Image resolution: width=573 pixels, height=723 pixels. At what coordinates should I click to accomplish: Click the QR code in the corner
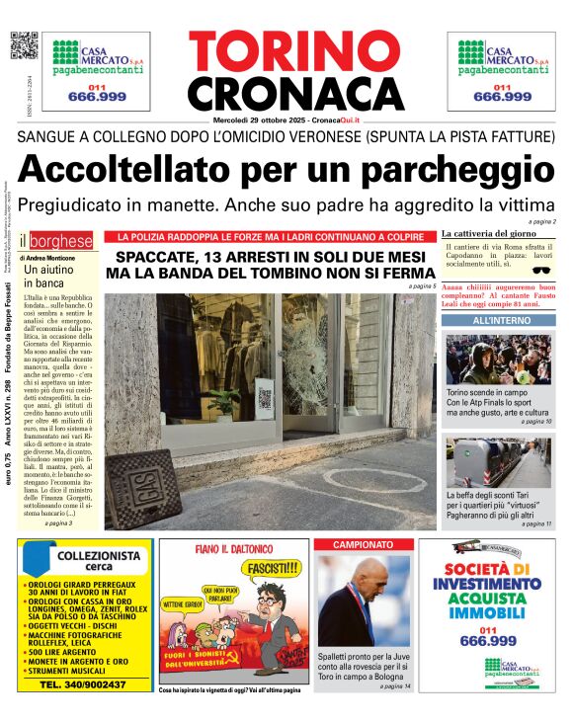pos(24,46)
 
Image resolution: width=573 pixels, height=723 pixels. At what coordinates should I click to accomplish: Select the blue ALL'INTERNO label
pos(500,321)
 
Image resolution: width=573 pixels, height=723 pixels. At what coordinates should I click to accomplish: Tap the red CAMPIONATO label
pos(362,544)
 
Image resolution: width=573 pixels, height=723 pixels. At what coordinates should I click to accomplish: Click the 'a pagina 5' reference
pos(422,286)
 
